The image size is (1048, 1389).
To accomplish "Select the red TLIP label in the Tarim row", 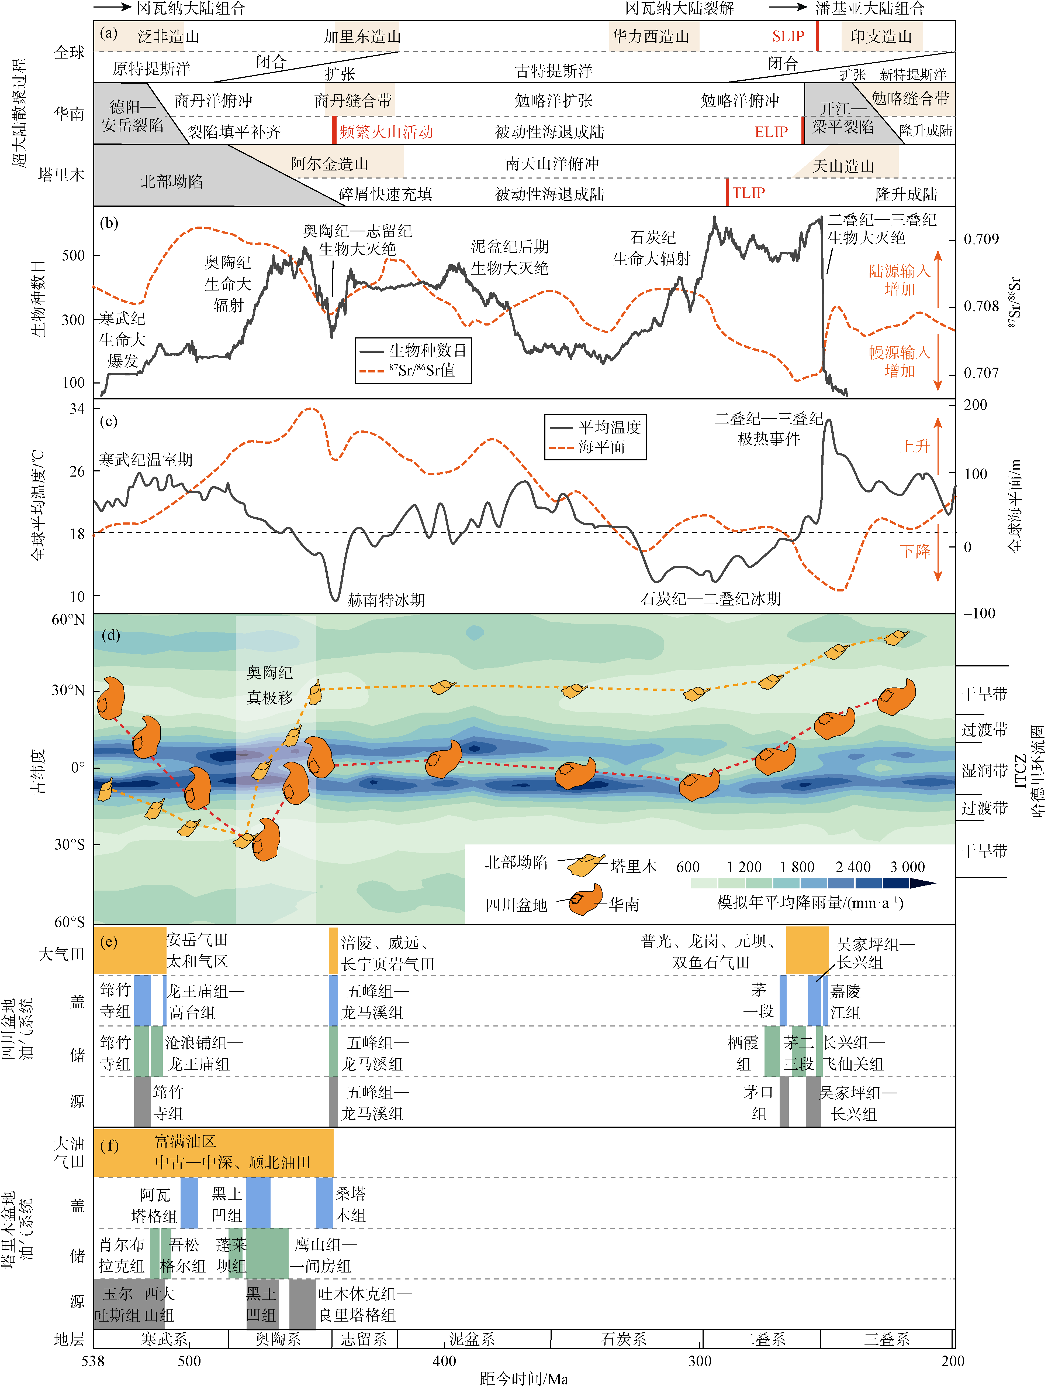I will (x=749, y=193).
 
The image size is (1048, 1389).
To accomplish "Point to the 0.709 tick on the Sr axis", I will (x=981, y=239).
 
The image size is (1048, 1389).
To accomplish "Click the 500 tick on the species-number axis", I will (x=73, y=256).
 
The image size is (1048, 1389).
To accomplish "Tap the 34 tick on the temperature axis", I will (x=77, y=409).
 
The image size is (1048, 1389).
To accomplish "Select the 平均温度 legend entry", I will (x=609, y=428).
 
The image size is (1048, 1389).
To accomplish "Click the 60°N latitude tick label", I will (x=68, y=620).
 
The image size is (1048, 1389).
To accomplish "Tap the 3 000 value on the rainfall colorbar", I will (x=907, y=867).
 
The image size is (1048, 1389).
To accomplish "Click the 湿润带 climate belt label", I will (x=984, y=771).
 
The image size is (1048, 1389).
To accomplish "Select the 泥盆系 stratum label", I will (x=472, y=1339).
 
